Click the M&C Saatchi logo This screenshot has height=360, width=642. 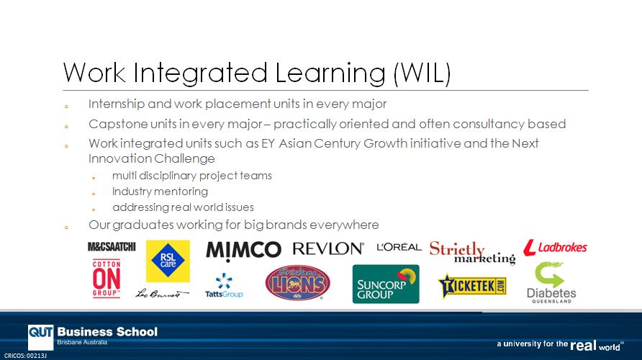pyautogui.click(x=112, y=246)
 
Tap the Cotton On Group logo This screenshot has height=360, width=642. pyautogui.click(x=107, y=279)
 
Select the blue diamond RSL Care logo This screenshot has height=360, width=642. pyautogui.click(x=168, y=261)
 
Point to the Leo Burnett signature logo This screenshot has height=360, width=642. pyautogui.click(x=162, y=293)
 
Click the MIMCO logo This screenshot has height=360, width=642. pyautogui.click(x=243, y=251)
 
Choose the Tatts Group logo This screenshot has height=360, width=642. pyautogui.click(x=224, y=285)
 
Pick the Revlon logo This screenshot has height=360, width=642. pyautogui.click(x=328, y=248)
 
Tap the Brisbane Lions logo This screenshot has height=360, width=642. pyautogui.click(x=298, y=282)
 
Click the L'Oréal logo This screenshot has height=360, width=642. pyautogui.click(x=399, y=247)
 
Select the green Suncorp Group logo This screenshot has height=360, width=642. pyautogui.click(x=386, y=284)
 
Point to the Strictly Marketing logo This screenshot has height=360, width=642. pyautogui.click(x=472, y=253)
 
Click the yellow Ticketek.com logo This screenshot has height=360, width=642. pyautogui.click(x=472, y=286)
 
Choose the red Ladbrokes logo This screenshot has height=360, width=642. pyautogui.click(x=555, y=248)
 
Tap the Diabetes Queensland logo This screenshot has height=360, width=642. pyautogui.click(x=551, y=282)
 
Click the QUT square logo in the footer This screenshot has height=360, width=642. pyautogui.click(x=40, y=337)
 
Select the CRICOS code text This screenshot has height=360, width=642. pyautogui.click(x=25, y=356)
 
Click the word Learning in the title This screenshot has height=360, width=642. pyautogui.click(x=330, y=73)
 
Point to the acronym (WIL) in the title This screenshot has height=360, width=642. pyautogui.click(x=422, y=73)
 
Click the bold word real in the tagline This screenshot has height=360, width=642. pyautogui.click(x=584, y=346)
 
